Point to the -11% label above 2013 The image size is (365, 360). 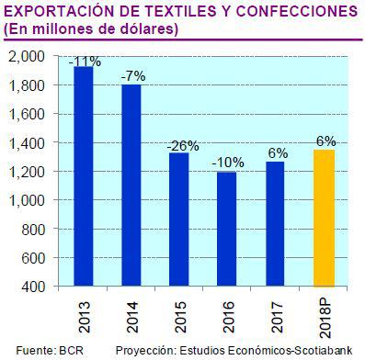pos(85,61)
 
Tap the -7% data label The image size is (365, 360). pos(133,77)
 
